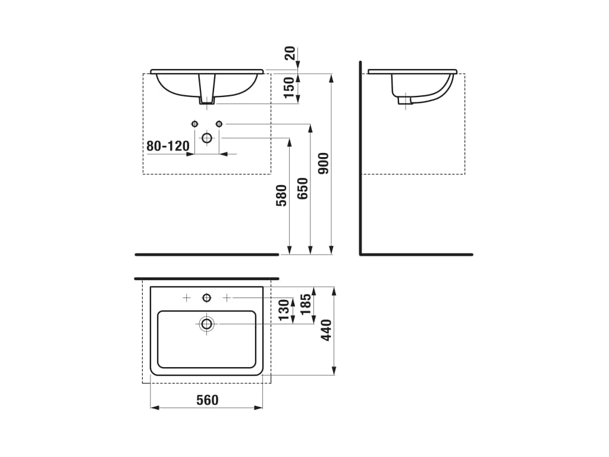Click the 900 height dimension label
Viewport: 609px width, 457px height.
(x=324, y=163)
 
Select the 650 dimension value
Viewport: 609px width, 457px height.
(x=303, y=189)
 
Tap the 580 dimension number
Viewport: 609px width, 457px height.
(x=281, y=195)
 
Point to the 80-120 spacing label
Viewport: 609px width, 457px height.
(x=168, y=146)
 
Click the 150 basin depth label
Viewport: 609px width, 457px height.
(x=290, y=87)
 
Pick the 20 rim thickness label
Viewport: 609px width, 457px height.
(x=290, y=53)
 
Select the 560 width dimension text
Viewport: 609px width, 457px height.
(x=208, y=400)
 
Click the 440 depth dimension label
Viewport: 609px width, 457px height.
(x=327, y=330)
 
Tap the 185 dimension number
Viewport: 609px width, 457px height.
(x=306, y=304)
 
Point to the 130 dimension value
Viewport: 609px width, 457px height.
(x=284, y=310)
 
